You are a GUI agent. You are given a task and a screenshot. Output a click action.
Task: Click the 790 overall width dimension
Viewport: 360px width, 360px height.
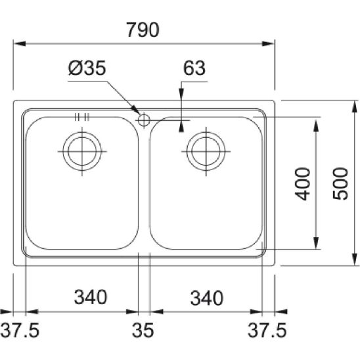click(143, 30)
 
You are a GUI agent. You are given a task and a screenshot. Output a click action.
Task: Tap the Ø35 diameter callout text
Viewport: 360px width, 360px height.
click(87, 68)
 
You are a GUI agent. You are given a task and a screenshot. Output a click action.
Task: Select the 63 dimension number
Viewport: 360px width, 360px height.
click(194, 68)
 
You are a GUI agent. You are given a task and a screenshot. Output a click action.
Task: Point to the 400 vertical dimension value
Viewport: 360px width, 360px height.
click(302, 184)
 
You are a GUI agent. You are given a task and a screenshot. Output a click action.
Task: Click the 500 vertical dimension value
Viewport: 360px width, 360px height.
click(340, 184)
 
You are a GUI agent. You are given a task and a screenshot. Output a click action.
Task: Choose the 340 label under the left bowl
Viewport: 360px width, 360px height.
click(91, 297)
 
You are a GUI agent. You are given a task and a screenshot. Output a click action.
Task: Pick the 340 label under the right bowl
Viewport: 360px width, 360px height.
click(207, 298)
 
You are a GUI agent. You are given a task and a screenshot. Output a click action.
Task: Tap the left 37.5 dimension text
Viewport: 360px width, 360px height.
click(20, 330)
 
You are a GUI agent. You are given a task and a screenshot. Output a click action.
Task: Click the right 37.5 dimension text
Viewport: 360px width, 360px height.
click(267, 330)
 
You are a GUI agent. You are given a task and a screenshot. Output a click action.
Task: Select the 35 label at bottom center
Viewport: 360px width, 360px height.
click(143, 330)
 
